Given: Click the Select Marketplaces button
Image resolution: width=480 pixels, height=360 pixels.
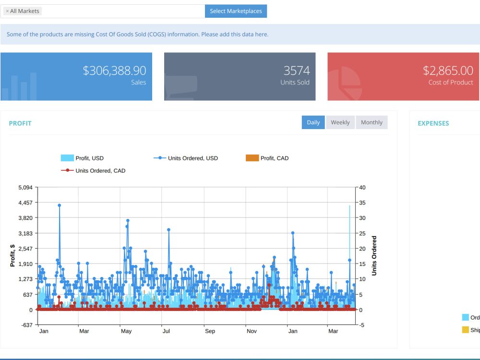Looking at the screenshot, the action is (236, 11).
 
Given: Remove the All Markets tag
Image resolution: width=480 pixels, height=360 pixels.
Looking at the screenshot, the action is (7, 11).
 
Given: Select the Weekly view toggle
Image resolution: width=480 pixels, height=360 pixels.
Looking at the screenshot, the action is (340, 122).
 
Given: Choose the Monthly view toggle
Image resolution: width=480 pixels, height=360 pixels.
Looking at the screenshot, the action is (372, 122).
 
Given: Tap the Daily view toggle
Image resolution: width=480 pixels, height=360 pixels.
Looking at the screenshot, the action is (313, 122).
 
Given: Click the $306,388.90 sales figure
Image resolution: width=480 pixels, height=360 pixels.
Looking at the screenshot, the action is (115, 71).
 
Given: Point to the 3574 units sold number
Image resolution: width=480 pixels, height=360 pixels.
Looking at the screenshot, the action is (297, 71).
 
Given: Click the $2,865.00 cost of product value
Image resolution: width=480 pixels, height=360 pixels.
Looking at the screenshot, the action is (448, 71).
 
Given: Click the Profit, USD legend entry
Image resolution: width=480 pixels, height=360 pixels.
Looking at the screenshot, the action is (83, 158).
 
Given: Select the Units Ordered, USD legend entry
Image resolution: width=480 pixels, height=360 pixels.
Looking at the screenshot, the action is (185, 158).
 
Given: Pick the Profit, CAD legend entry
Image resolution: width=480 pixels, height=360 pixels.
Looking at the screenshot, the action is (267, 158).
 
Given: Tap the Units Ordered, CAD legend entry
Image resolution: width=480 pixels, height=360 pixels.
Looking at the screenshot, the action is (93, 170).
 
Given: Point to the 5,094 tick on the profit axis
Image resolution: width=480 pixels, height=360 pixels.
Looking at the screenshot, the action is (25, 187).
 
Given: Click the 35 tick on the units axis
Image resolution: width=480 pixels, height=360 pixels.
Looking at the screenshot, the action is (362, 203).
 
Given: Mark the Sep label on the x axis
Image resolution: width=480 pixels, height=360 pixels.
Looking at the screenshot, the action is (210, 331).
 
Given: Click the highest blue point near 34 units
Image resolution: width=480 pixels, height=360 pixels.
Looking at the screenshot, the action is (60, 205).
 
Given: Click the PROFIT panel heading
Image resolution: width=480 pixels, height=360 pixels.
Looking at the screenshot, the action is (20, 123).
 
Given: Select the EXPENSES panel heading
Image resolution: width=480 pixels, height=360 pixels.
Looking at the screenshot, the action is (433, 123).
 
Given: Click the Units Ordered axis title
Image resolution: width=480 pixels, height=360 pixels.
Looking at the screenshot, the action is (374, 256).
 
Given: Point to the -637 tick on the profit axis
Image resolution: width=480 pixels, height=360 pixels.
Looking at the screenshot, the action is (26, 325).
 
